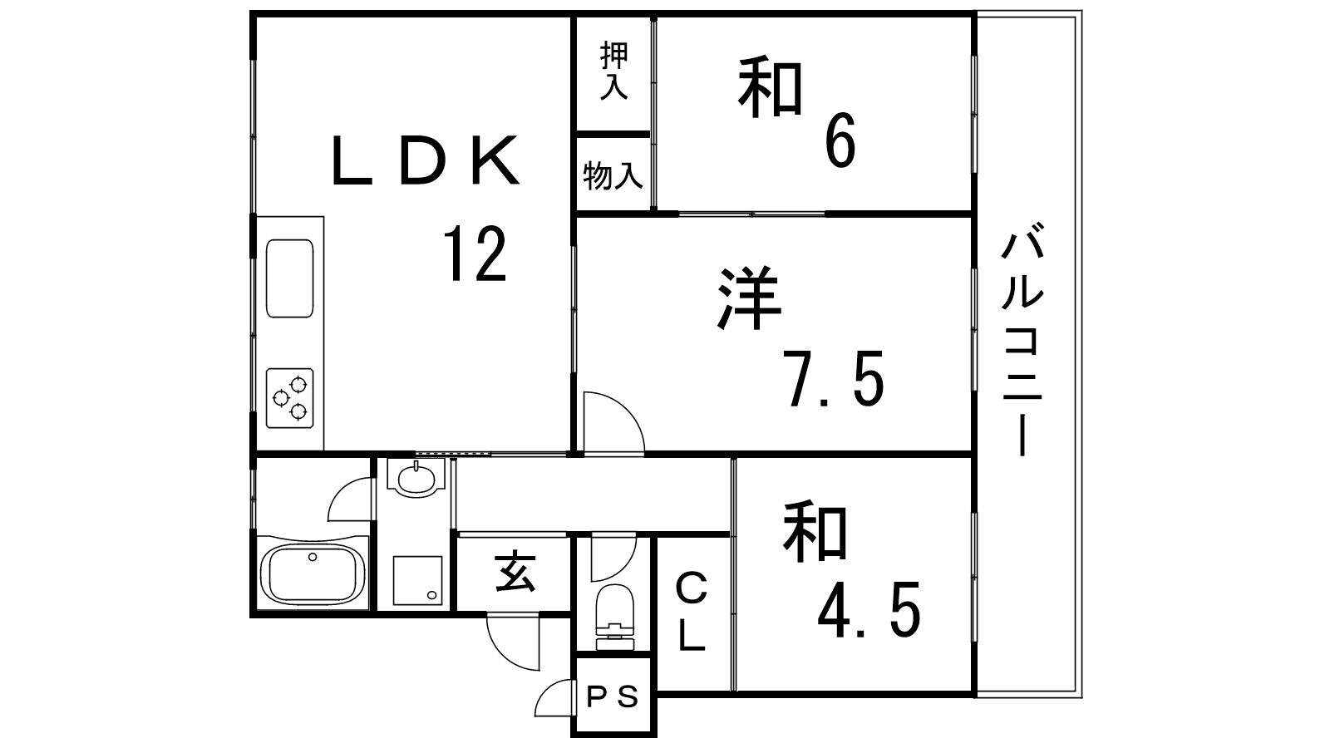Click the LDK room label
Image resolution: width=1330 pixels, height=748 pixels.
pos(426,160)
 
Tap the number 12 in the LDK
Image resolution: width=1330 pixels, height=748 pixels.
pos(475,254)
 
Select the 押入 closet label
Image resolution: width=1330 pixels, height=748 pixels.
pos(613,70)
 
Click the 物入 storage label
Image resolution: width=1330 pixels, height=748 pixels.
pos(613,175)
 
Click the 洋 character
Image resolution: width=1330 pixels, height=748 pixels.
pos(749,298)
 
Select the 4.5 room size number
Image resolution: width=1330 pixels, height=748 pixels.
pos(869,608)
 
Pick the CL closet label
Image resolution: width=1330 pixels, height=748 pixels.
pos(692,613)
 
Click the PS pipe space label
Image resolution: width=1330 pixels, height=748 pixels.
pos(612,696)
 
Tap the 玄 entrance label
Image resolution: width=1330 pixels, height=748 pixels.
pos(515,573)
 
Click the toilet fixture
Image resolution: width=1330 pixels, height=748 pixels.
pos(614,618)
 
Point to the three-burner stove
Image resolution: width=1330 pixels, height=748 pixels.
pos(290,398)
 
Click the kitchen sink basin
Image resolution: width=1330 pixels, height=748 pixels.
pos(290,278)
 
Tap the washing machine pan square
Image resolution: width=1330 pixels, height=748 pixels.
pos(417,580)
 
